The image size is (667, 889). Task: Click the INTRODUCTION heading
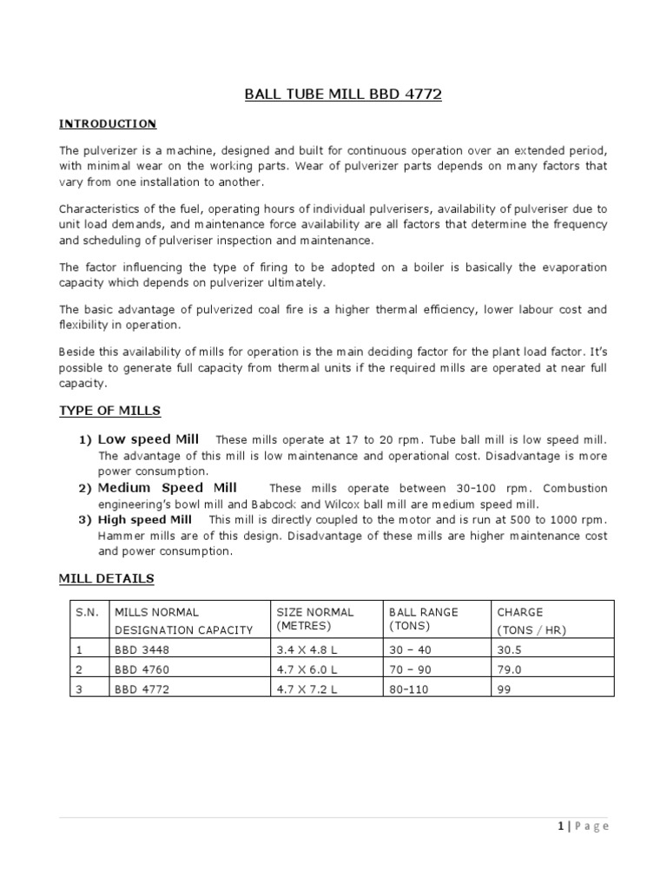pyautogui.click(x=108, y=124)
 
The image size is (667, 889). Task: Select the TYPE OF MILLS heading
pyautogui.click(x=109, y=411)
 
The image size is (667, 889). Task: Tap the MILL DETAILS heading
pyautogui.click(x=106, y=578)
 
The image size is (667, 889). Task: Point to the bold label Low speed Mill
pyautogui.click(x=149, y=439)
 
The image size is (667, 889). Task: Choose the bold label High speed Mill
pyautogui.click(x=145, y=520)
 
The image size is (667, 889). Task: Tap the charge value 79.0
pyautogui.click(x=507, y=668)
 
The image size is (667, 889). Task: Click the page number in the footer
pyautogui.click(x=560, y=826)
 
